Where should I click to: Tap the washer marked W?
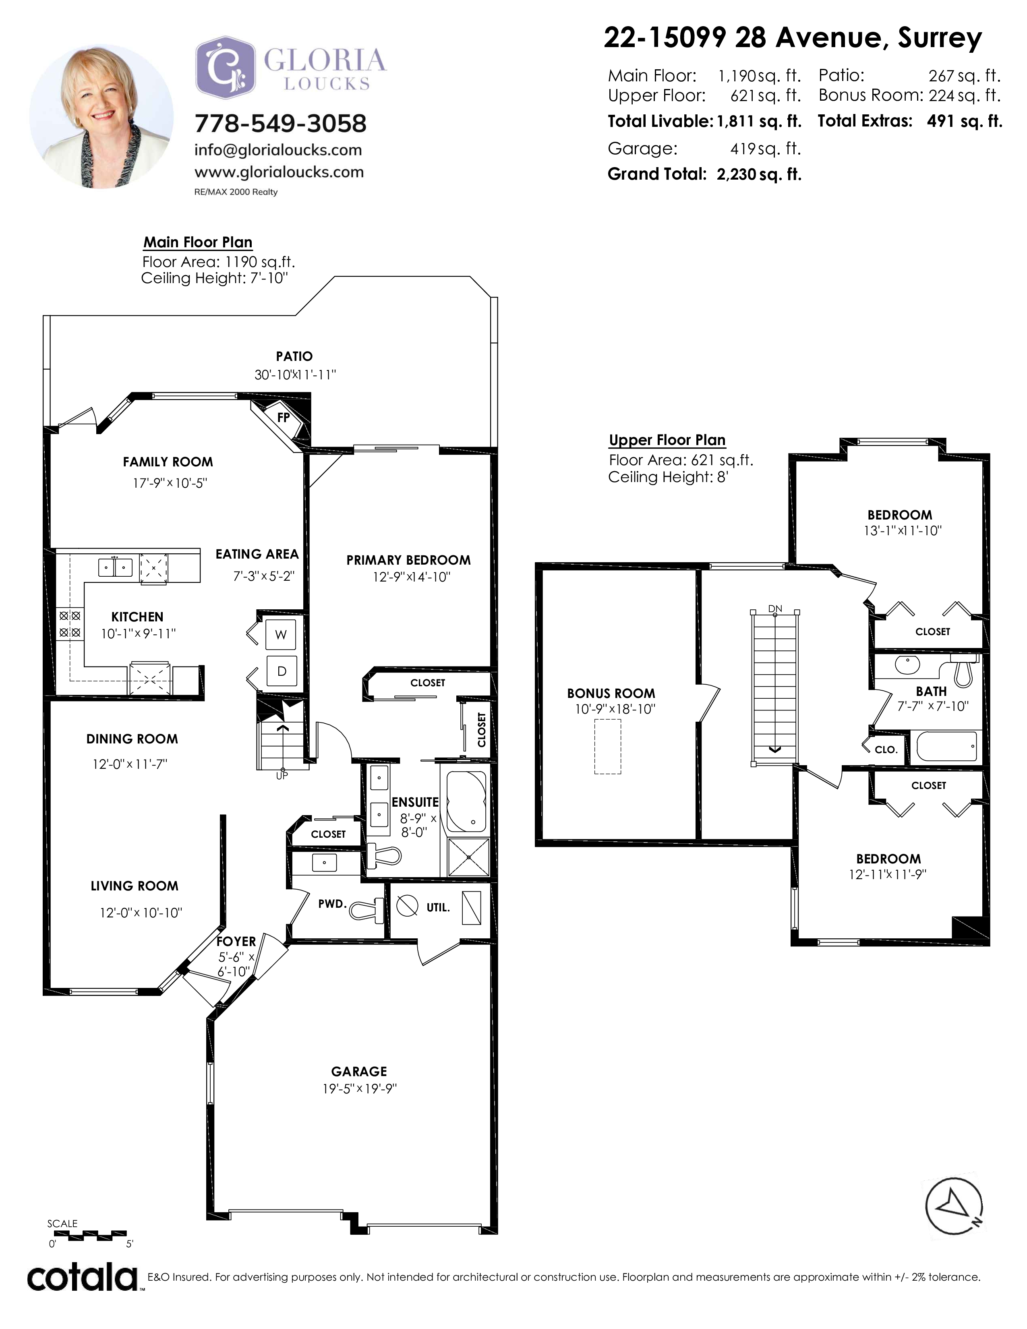(280, 635)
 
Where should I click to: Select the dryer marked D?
(282, 671)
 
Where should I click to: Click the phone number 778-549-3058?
(280, 124)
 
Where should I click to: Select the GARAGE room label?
(359, 1072)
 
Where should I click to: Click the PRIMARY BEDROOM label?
(408, 560)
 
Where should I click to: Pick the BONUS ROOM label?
(611, 693)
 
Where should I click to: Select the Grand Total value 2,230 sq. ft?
(759, 174)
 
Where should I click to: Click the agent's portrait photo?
(101, 116)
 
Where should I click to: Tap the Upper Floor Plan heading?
(667, 440)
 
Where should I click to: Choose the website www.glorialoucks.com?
(279, 172)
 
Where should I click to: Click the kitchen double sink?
(115, 567)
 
